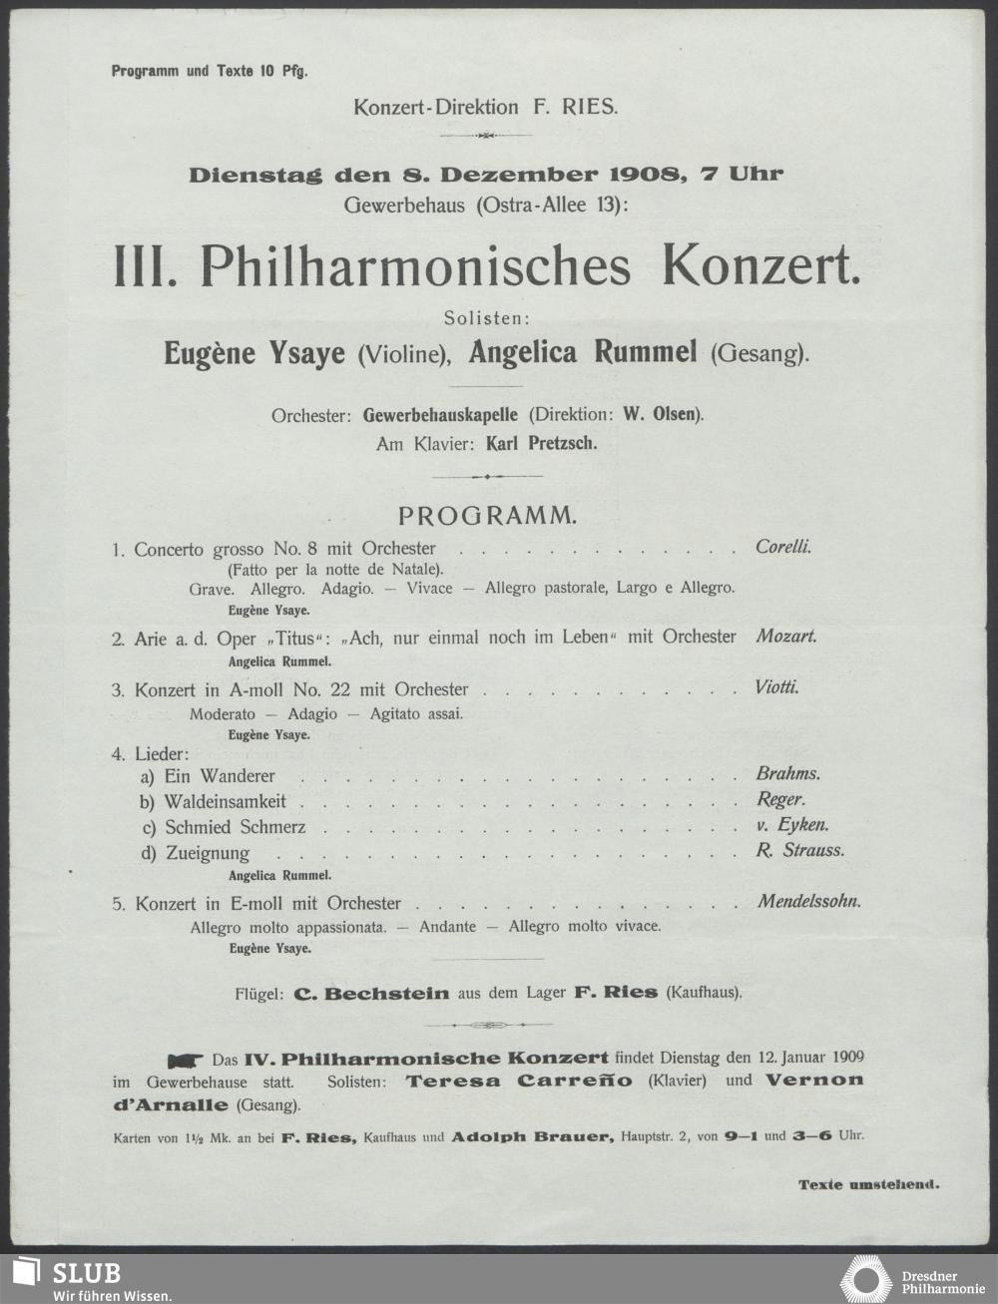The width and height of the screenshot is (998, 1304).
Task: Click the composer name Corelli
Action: [783, 548]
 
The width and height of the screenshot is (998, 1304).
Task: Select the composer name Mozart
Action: [786, 636]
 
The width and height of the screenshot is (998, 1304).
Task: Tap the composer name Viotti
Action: [777, 688]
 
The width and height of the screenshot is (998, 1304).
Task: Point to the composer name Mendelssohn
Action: [809, 902]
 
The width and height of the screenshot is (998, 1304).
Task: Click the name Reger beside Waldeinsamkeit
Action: [780, 800]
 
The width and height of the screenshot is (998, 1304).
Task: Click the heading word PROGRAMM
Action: [487, 516]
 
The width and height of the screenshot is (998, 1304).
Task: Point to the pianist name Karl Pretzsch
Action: [541, 444]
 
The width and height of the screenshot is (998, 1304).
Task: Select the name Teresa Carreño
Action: [518, 1081]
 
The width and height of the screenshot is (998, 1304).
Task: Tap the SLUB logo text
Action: [87, 1273]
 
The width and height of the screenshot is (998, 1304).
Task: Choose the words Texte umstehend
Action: [868, 1185]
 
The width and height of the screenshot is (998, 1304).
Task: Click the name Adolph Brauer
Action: [532, 1135]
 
